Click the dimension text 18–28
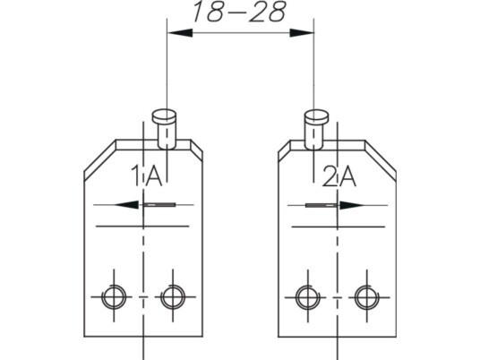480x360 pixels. pos(240,12)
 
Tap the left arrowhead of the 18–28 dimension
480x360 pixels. pos(180,33)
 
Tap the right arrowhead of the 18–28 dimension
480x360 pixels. pos(302,33)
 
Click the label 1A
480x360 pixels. pos(146,176)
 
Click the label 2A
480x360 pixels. pos(339,176)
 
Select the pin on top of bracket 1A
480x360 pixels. pos(165,130)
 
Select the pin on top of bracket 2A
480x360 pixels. pos(316,130)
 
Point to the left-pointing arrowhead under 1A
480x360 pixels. pos(126,204)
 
